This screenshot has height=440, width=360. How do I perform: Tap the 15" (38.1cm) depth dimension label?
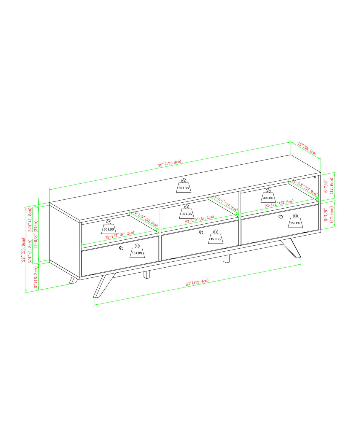point(307,148)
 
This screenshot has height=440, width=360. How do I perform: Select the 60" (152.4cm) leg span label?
point(197,282)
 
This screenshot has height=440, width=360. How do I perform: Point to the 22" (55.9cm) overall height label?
point(23,250)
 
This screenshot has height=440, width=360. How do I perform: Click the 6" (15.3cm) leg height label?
point(36,277)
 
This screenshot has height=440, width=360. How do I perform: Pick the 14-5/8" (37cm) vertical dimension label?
point(36,234)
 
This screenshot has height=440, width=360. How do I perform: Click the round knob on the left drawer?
point(121,248)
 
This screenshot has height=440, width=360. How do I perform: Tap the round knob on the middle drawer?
point(201,232)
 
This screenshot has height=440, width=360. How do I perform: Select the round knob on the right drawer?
point(281,217)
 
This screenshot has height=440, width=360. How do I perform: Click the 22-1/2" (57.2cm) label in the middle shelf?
point(199,220)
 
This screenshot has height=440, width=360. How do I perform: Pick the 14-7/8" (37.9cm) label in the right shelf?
point(305,187)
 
